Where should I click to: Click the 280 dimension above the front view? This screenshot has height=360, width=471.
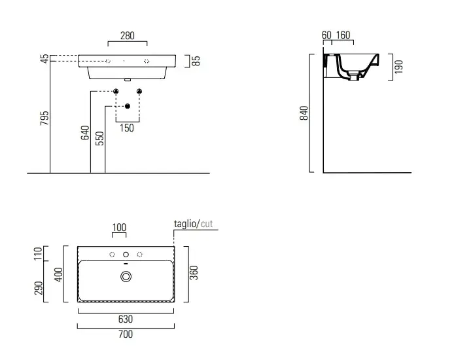(x=128, y=36)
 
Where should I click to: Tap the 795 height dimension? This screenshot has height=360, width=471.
(x=44, y=118)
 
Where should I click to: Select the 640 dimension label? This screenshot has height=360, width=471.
(x=85, y=132)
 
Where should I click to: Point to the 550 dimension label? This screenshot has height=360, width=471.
(x=99, y=138)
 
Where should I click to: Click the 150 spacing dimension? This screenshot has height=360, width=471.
(x=127, y=128)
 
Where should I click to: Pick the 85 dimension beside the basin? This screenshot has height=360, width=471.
(x=196, y=61)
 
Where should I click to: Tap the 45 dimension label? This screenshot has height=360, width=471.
(x=44, y=58)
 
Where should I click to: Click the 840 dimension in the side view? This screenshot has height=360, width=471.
(x=304, y=113)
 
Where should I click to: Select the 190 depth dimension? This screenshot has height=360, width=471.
(x=398, y=67)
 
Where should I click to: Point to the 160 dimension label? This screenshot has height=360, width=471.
(x=343, y=35)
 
